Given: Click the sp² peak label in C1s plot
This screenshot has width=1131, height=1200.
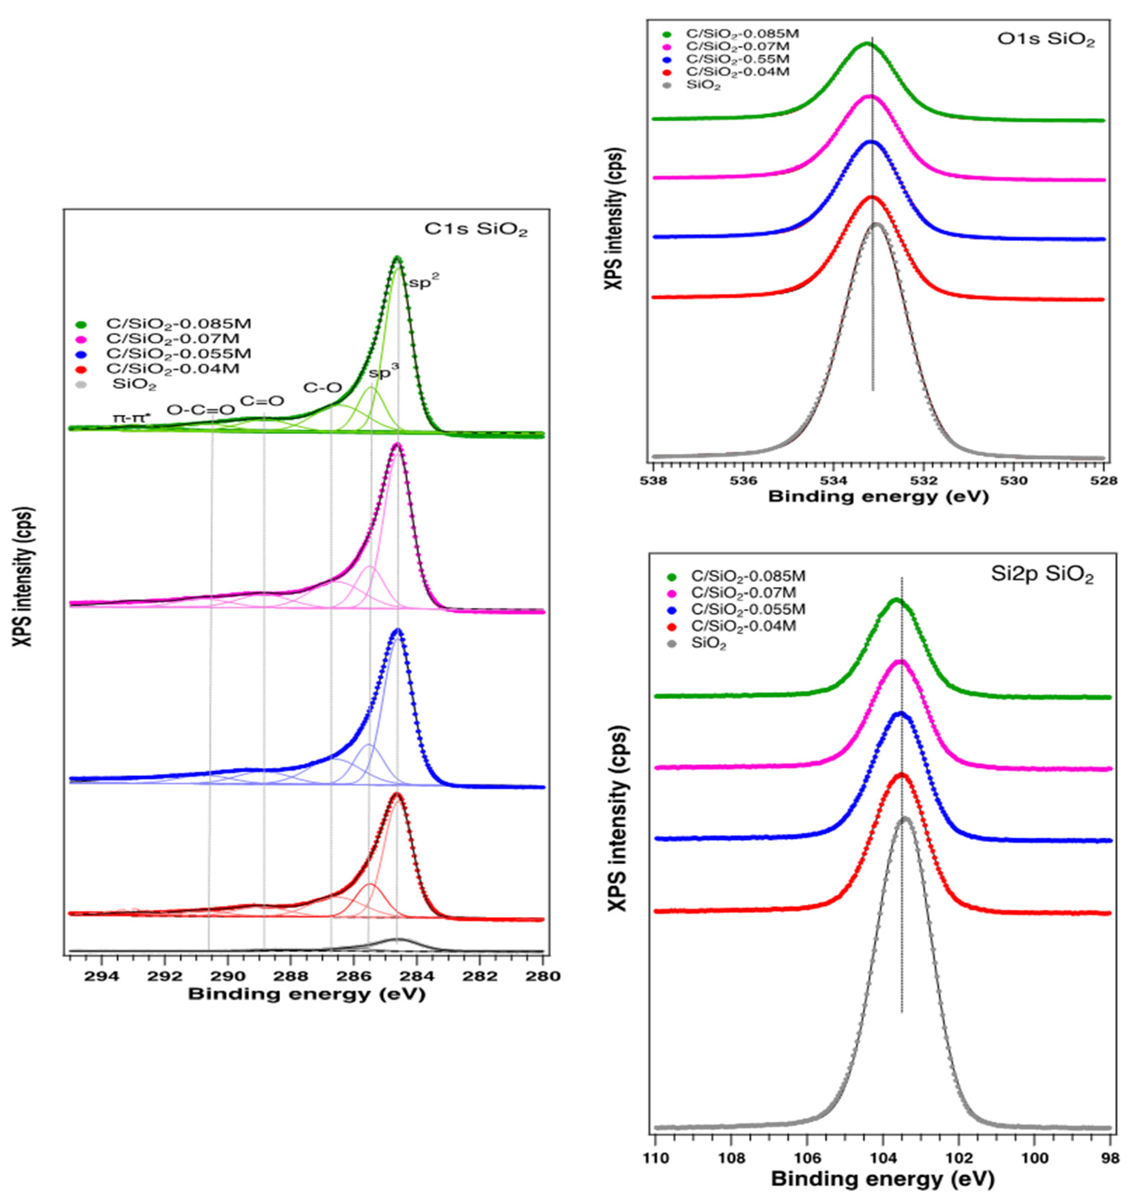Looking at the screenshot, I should point(424,283).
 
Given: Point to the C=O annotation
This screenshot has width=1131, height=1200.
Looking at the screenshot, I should point(262,401).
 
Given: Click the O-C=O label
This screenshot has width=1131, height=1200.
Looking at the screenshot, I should point(200,410).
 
